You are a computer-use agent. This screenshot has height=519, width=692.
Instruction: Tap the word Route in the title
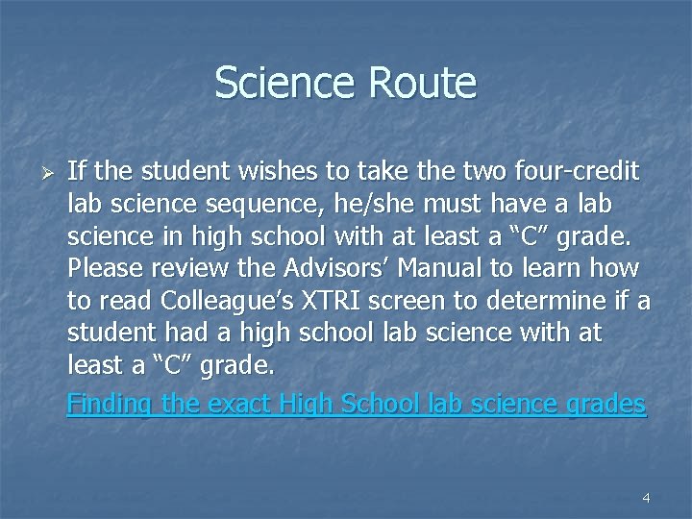tap(424, 83)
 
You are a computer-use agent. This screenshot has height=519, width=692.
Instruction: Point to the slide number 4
tap(646, 498)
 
